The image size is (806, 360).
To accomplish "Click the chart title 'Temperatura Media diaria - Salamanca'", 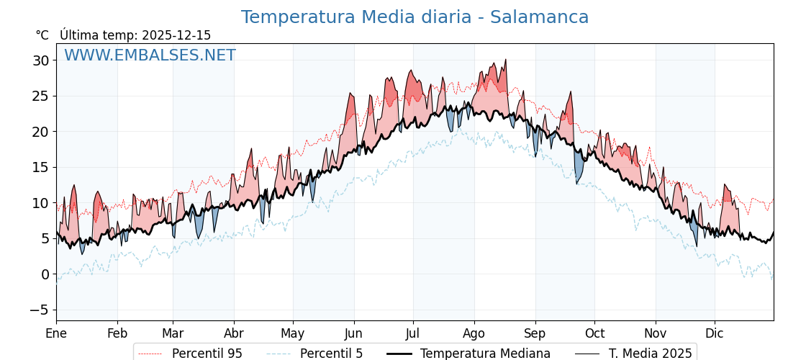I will pos(415,17).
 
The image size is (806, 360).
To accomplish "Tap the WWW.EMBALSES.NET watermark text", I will pos(150,55).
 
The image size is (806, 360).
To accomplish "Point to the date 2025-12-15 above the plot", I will pos(176,35).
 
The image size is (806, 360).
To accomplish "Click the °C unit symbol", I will pos(42,35).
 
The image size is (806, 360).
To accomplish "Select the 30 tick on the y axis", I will pos(40,60).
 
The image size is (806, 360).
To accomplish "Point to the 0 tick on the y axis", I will pos(45,274).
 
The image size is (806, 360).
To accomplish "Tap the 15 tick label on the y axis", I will pos(40,167).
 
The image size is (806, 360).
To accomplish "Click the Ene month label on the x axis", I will pos(56,333).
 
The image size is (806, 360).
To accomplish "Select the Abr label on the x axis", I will pos(234,333).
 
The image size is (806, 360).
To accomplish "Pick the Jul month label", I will pos(413,333).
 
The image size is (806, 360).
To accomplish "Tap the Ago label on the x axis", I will pos(474,333).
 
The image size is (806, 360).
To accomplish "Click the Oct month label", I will pos(594,333).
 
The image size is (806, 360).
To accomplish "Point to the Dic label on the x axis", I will pos(715,333).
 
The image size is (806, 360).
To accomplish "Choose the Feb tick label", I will pos(117,333).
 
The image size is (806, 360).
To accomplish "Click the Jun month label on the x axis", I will pos(353,333).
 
